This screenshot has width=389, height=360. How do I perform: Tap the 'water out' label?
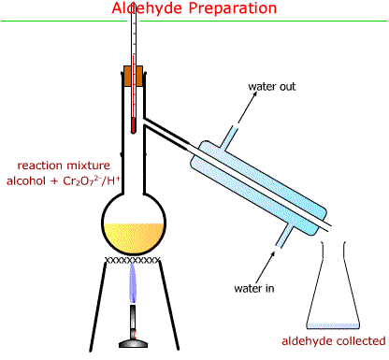point(271,88)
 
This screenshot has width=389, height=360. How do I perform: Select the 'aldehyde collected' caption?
point(335,340)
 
